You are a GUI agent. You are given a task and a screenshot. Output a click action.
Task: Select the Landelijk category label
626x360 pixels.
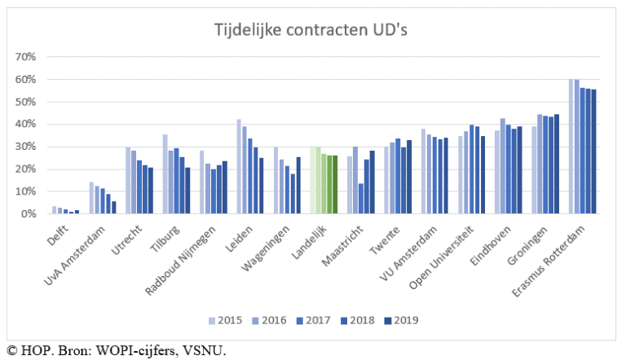click(x=314, y=236)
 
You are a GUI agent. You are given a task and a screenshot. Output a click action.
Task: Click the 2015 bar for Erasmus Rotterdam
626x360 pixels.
click(x=571, y=147)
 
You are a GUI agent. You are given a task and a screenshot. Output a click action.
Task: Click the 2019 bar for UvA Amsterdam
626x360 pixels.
click(x=113, y=207)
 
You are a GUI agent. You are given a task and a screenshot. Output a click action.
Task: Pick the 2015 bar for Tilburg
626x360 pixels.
click(x=165, y=173)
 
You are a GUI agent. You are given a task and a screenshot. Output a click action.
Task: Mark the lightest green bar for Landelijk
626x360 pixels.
click(x=313, y=179)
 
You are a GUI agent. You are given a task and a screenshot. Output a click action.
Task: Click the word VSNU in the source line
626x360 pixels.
click(x=205, y=351)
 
